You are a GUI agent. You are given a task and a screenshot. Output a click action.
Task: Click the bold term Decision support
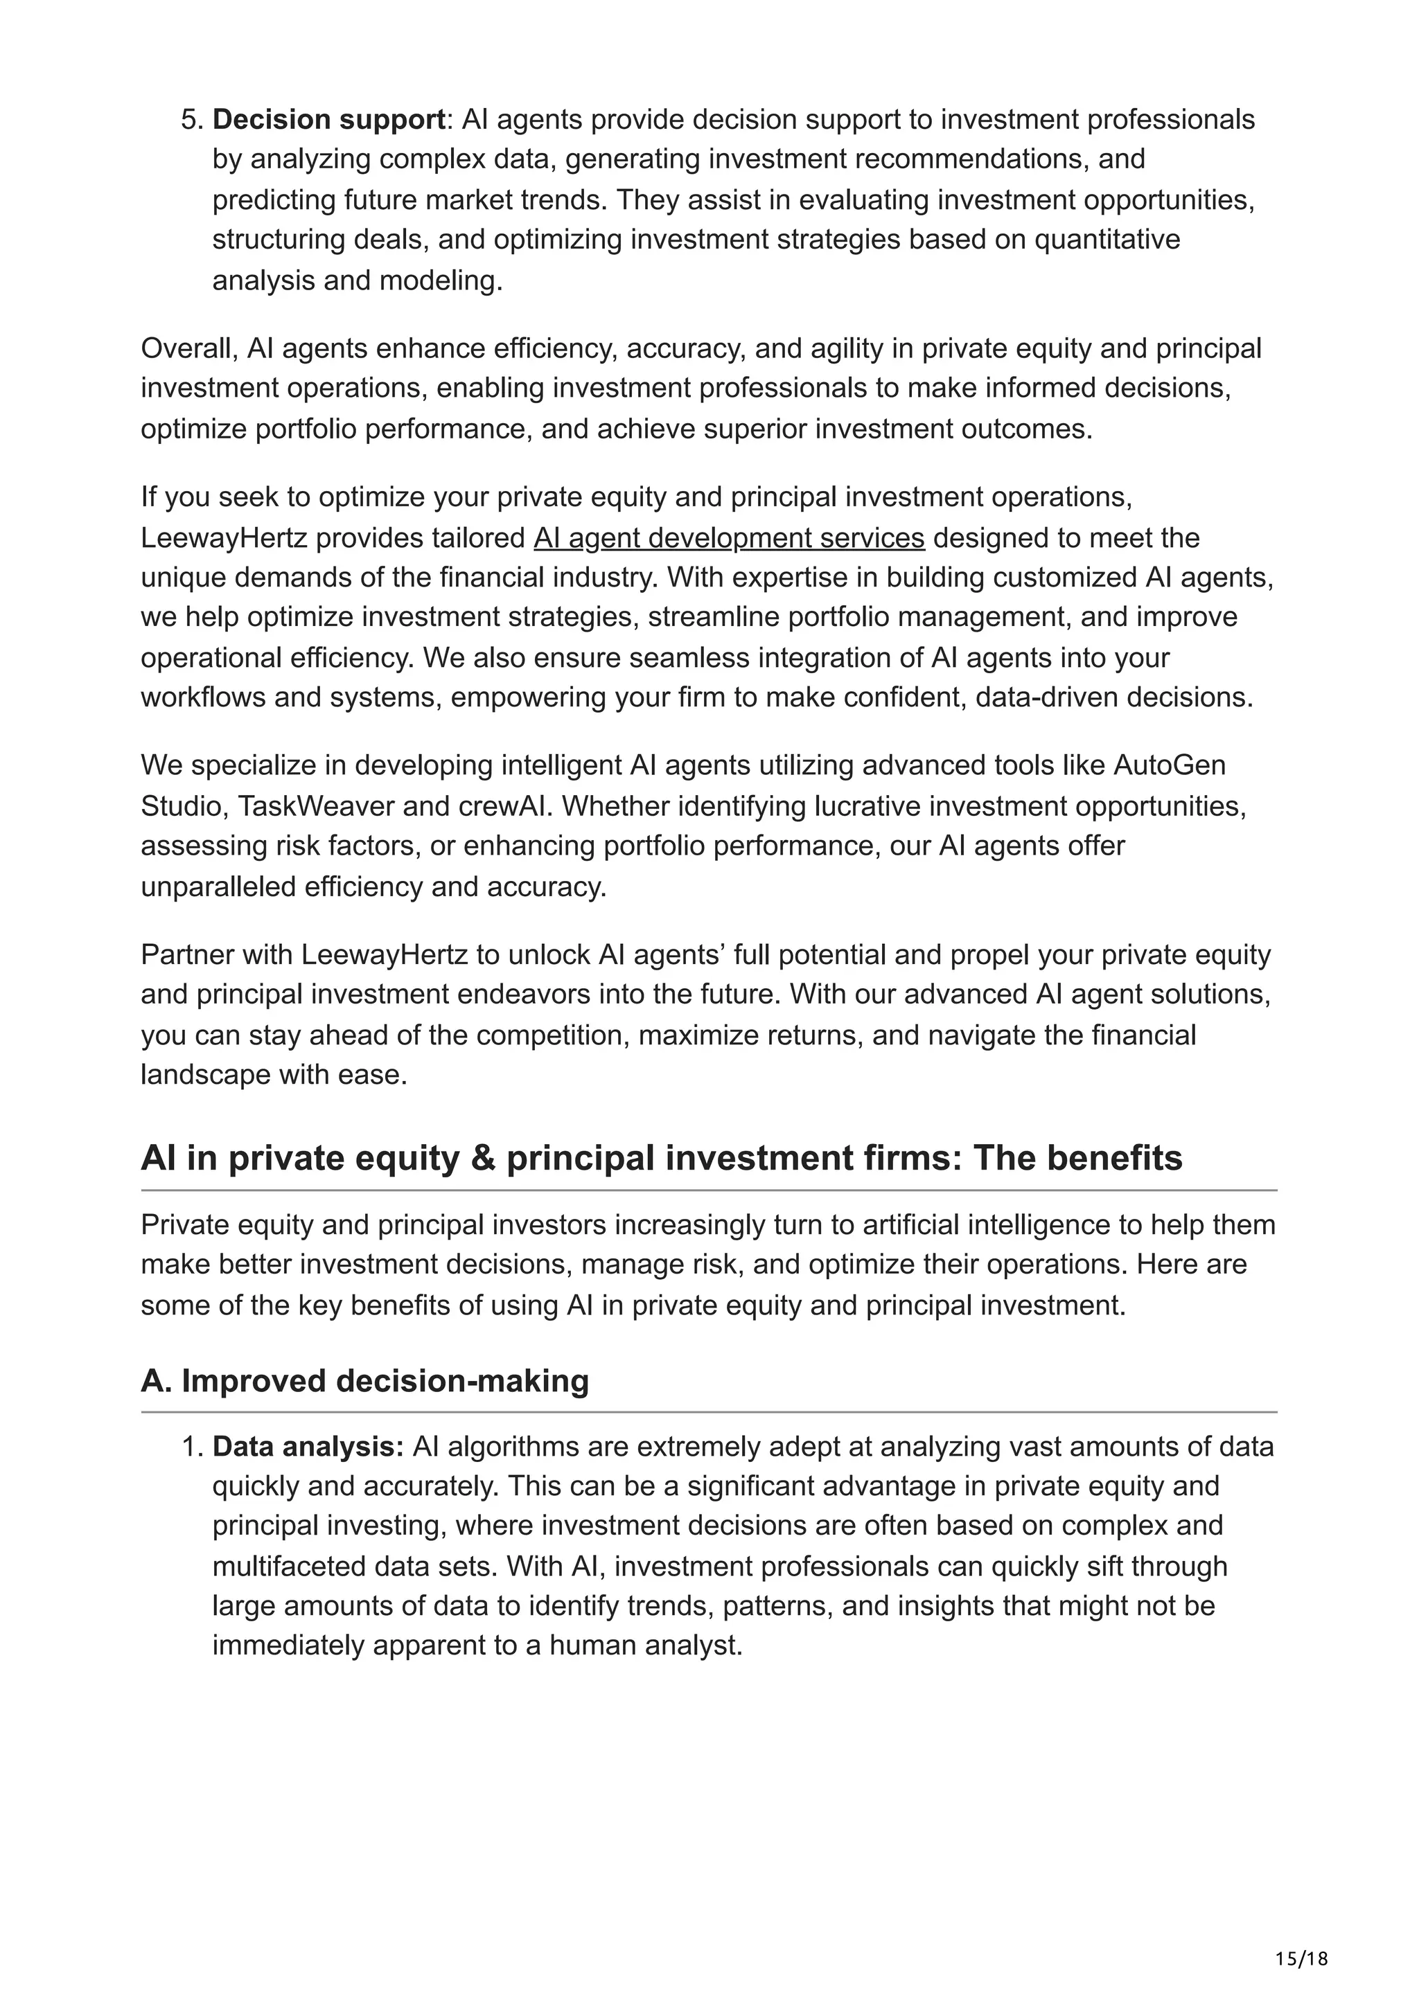[x=328, y=120]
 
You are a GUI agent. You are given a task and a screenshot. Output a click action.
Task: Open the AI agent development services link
[x=728, y=537]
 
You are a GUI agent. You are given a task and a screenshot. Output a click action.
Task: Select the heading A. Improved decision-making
[x=364, y=1380]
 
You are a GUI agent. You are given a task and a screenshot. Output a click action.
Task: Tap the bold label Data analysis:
[x=308, y=1447]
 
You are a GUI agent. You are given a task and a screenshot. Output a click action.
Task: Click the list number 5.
[x=191, y=120]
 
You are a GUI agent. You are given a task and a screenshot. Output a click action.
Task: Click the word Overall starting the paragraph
[x=188, y=349]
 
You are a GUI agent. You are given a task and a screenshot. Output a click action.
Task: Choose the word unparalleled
[x=218, y=886]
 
